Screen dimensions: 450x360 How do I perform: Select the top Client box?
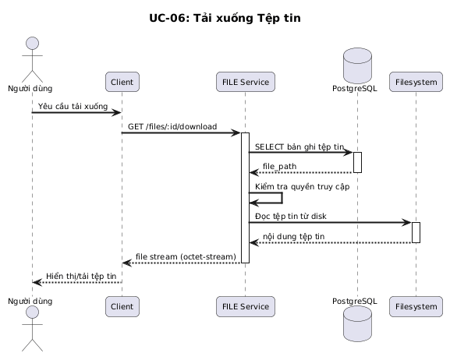tap(122, 82)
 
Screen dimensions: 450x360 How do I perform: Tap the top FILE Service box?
tap(246, 82)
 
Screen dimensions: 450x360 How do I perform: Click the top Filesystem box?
tap(416, 82)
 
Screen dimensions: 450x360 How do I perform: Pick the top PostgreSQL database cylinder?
tap(357, 65)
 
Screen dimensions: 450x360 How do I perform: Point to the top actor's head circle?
tap(33, 44)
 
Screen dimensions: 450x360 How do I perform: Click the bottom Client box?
tap(122, 307)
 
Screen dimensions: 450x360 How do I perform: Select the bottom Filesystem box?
tap(416, 307)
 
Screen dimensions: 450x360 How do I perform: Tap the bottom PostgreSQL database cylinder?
tap(357, 323)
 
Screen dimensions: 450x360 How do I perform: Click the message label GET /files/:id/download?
tap(172, 126)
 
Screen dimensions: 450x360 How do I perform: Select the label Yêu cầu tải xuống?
tap(73, 106)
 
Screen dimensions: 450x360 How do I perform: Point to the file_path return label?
tap(279, 167)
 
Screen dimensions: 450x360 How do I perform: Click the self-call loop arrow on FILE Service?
tap(282, 198)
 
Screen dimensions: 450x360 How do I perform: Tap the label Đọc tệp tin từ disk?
tap(290, 216)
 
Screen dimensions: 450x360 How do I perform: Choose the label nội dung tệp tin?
tap(293, 236)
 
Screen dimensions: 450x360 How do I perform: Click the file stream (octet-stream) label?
tap(186, 256)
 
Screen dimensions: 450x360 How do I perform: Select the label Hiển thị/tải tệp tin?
tap(81, 277)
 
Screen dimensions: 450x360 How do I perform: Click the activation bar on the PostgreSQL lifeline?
tap(357, 162)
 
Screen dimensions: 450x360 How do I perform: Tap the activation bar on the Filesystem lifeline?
tap(416, 232)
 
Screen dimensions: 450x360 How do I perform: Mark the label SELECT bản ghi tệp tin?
tap(299, 146)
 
